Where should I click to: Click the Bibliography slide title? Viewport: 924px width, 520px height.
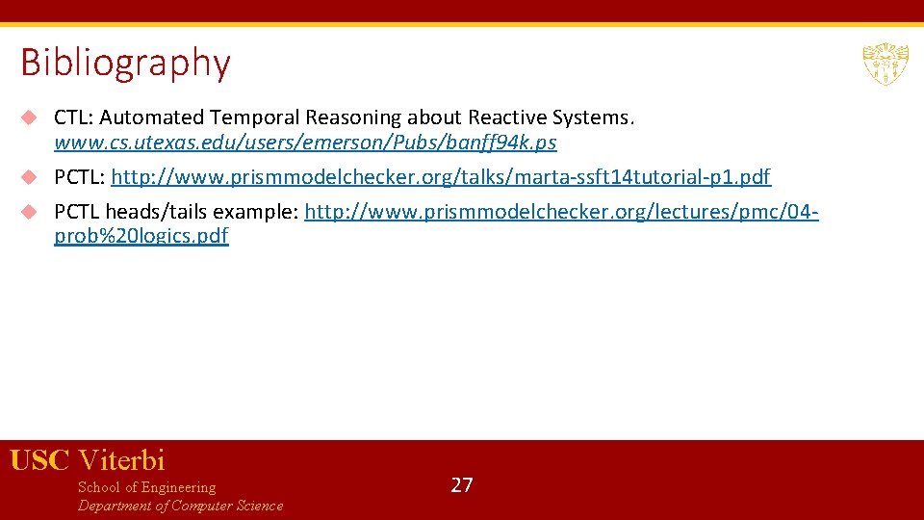pyautogui.click(x=125, y=64)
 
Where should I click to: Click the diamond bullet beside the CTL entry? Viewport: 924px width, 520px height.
pyautogui.click(x=30, y=117)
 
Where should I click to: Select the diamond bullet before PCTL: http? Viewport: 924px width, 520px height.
pyautogui.click(x=30, y=177)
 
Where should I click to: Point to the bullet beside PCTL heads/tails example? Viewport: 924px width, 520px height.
pyautogui.click(x=30, y=212)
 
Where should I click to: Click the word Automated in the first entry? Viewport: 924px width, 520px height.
pyautogui.click(x=153, y=117)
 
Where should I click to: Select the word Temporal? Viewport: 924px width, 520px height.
pyautogui.click(x=255, y=117)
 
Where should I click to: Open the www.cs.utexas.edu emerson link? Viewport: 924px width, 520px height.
pyautogui.click(x=305, y=143)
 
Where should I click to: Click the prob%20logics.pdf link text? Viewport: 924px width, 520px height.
pyautogui.click(x=141, y=237)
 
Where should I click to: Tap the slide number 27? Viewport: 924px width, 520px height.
pyautogui.click(x=462, y=484)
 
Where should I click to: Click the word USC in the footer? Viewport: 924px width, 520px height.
pyautogui.click(x=39, y=460)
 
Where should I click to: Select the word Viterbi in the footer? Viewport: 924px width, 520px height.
pyautogui.click(x=121, y=460)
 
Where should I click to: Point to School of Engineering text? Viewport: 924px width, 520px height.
pyautogui.click(x=146, y=487)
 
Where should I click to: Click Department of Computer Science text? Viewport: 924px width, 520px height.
pyautogui.click(x=180, y=506)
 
